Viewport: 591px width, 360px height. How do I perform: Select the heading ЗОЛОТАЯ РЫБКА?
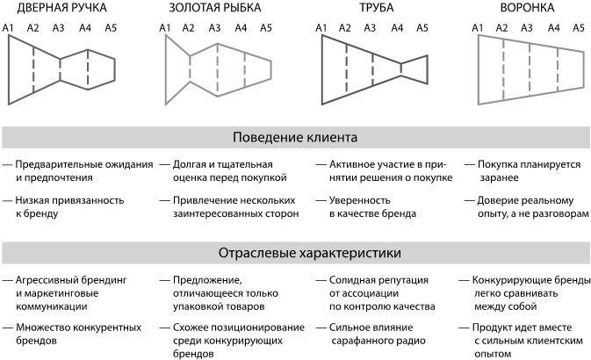(216, 9)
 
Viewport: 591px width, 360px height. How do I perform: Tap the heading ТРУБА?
(376, 9)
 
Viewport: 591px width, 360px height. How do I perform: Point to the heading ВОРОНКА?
(527, 9)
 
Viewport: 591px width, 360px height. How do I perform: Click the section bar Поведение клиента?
(295, 138)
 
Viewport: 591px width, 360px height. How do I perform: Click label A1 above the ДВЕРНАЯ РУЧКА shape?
(9, 29)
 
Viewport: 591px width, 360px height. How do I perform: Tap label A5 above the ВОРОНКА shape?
(579, 29)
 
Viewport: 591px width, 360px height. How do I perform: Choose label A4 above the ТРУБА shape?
(397, 29)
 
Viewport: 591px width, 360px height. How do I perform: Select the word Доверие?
(499, 200)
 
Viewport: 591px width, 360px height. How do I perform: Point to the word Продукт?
(499, 328)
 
